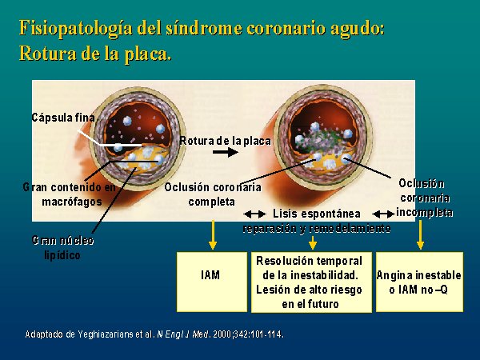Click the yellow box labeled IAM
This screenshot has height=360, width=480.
click(212, 282)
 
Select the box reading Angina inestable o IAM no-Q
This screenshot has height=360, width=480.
click(419, 282)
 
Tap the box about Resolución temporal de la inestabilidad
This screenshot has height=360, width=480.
click(311, 282)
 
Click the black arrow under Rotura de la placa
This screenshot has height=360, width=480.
click(226, 152)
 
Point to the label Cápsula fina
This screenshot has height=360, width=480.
click(63, 118)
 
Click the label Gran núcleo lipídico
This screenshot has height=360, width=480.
click(62, 248)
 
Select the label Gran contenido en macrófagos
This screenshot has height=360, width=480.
click(70, 194)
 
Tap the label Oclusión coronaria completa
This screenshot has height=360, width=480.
click(213, 194)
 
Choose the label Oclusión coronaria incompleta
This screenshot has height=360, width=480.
click(425, 198)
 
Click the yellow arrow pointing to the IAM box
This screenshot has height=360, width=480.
click(213, 234)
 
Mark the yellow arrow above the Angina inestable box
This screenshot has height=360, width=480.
click(420, 234)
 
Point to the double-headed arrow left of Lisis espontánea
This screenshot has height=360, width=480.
click(254, 214)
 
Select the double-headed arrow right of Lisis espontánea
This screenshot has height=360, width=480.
click(383, 214)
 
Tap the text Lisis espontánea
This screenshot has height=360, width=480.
click(317, 214)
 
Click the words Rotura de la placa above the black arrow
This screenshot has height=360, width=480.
click(226, 141)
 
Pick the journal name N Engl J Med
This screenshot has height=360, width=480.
click(182, 334)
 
